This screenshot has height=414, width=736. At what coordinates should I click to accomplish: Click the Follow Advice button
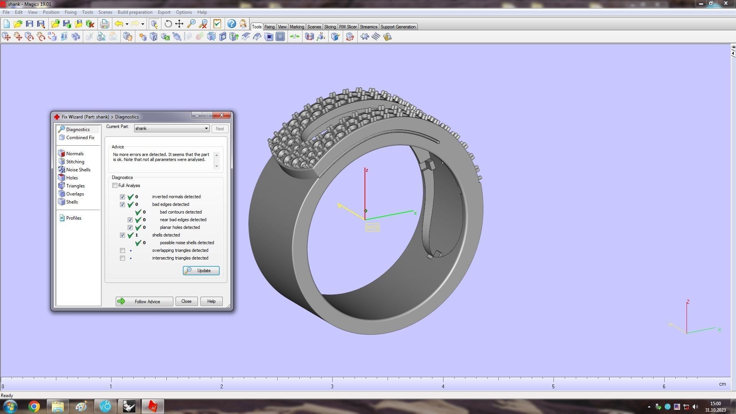coord(144,301)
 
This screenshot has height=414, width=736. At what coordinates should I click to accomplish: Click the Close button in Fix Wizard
coord(186,301)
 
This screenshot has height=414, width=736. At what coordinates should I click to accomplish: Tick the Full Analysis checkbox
coord(115,186)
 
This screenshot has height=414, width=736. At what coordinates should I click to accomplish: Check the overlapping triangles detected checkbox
coord(122,250)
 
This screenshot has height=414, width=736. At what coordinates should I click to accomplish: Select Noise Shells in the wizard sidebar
coord(78,170)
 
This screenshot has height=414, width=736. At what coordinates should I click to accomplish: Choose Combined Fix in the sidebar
coord(80,138)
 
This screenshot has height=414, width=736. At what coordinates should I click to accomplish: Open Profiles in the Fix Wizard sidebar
coord(73,218)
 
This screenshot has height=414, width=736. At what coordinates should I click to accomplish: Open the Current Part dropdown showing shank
coord(171,128)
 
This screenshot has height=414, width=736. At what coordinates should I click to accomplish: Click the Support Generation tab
coord(398,27)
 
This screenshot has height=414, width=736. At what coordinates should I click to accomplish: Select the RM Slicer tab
coord(348,27)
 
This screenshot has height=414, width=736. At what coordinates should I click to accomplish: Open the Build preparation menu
coord(135,12)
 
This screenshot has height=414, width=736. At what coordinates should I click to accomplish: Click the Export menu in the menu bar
coord(164,12)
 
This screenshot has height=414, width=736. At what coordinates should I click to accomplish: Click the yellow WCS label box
coord(372,227)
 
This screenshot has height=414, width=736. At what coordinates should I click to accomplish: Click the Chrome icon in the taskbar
coord(34,406)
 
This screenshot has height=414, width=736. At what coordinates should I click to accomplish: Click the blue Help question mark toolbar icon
coord(232,24)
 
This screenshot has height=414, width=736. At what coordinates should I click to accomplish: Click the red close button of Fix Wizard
coord(222,115)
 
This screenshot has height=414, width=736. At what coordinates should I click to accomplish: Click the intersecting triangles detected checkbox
coord(122,258)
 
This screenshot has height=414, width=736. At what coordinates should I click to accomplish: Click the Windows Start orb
coord(10,406)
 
